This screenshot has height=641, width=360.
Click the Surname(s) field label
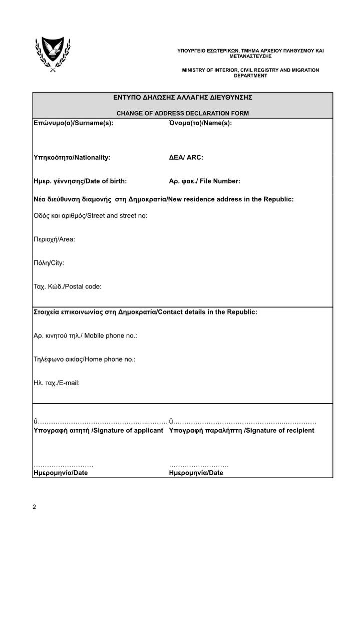click(x=73, y=123)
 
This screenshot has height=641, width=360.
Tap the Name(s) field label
click(x=200, y=123)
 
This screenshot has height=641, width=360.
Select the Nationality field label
click(x=72, y=157)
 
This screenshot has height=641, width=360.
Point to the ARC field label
click(x=186, y=157)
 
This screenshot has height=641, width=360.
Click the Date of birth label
click(x=80, y=181)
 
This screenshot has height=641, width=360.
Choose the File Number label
click(x=204, y=181)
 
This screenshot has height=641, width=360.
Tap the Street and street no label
click(x=90, y=216)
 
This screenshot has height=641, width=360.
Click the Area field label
click(x=54, y=239)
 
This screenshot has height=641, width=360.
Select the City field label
click(x=49, y=263)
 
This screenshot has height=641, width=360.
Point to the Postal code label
click(x=67, y=287)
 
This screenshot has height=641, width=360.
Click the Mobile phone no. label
click(x=85, y=336)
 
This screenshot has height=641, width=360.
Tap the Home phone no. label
click(x=84, y=360)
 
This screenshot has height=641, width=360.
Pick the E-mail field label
click(x=56, y=383)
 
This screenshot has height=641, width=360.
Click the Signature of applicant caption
click(x=98, y=431)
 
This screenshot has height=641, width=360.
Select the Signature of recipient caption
click(x=242, y=431)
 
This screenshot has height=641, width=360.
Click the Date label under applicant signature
click(x=60, y=473)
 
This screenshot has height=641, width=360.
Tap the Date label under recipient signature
click(x=196, y=473)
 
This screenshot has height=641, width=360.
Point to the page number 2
click(x=35, y=507)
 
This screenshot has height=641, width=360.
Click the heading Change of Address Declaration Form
click(x=182, y=113)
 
